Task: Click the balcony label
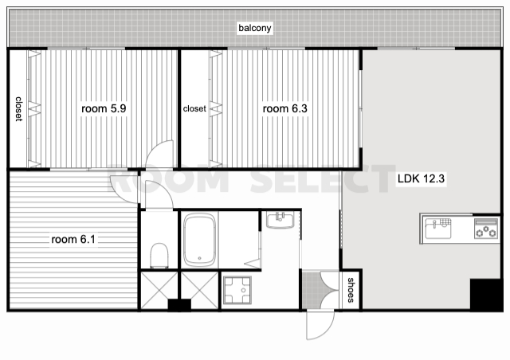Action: [x=255, y=28]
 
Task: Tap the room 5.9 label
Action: [x=104, y=108]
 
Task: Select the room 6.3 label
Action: [x=284, y=108]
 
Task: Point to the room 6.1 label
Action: [x=73, y=240]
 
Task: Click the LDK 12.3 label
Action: [x=421, y=178]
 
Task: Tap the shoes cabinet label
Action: [x=351, y=290]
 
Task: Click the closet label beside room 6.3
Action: [x=194, y=108]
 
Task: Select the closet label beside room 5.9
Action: [x=19, y=109]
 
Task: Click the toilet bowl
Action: [x=159, y=256]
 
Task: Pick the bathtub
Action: [x=199, y=240]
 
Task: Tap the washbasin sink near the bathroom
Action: [x=280, y=220]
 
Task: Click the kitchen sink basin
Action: [x=438, y=229]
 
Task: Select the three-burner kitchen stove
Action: [x=485, y=229]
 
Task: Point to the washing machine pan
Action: [x=237, y=290]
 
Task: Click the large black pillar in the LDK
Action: [x=486, y=295]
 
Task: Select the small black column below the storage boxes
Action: [x=179, y=305]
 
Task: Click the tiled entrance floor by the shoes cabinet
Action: [x=311, y=290]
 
